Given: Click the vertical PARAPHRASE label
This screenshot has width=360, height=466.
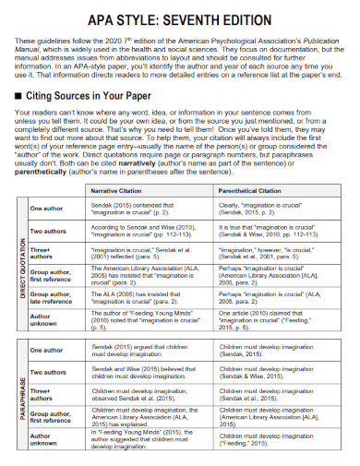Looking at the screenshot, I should point(21,405).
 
